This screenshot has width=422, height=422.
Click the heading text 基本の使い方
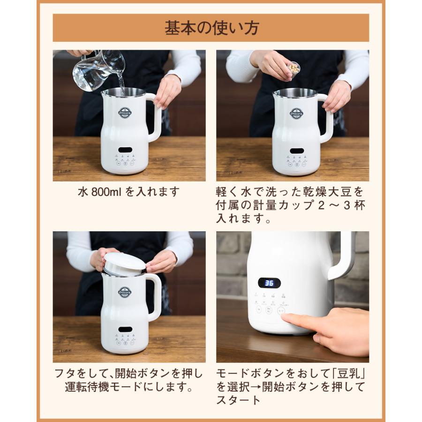point(211,28)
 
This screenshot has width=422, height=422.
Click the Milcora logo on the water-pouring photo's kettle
point(124,113)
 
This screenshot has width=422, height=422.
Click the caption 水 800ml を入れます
point(128,192)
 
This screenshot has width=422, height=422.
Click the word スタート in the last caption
point(238,400)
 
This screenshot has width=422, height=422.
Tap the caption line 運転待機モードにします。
point(129,387)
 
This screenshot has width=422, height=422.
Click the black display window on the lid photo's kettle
point(125,330)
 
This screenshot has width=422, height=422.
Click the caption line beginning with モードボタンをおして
point(290,374)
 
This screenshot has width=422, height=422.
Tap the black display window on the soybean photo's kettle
point(296,150)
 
